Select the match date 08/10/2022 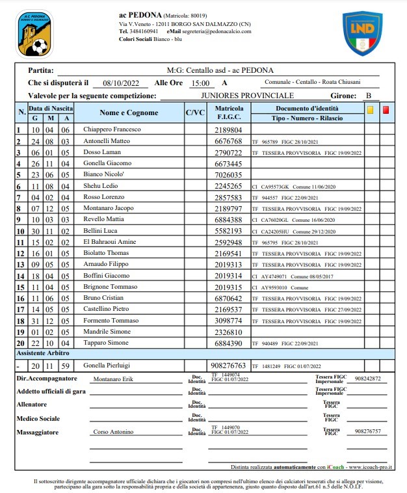point(117,83)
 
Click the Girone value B point(369,96)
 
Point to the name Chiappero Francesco point(108,129)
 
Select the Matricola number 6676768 point(229,140)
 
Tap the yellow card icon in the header point(369,110)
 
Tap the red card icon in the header point(386,110)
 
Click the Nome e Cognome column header point(129,113)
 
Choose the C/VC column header point(195,113)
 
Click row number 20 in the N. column point(20,343)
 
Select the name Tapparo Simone point(105,343)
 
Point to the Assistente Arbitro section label point(42,353)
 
